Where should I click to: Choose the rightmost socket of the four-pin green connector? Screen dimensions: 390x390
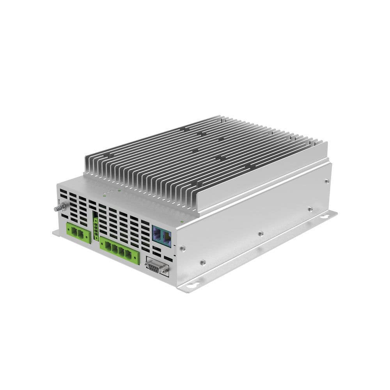tap(129, 254)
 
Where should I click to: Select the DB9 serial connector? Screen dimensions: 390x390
tap(157, 268)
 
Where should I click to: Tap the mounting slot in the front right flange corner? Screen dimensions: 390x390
tap(191, 286)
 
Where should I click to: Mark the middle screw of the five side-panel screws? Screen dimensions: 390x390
tap(261, 234)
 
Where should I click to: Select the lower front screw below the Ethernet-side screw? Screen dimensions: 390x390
tap(203, 262)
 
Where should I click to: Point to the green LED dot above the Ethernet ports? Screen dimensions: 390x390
tap(182, 222)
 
